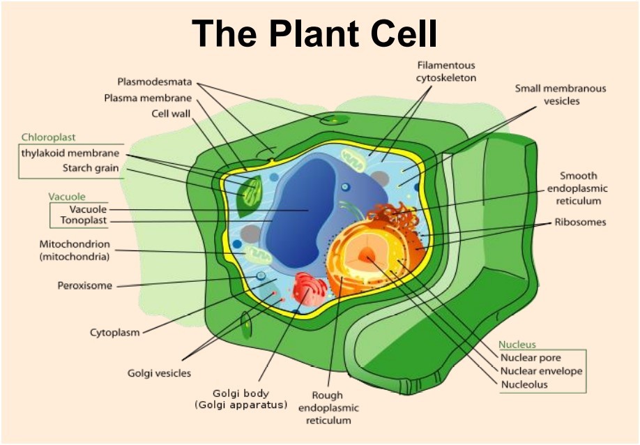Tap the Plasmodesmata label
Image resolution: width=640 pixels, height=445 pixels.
click(x=155, y=82)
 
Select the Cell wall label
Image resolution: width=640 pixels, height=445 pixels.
click(x=171, y=114)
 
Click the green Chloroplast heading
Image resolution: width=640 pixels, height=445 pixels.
click(x=49, y=137)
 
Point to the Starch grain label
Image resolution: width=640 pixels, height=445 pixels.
click(x=91, y=168)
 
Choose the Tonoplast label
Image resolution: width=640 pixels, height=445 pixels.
click(x=84, y=220)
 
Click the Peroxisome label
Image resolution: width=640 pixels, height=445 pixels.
click(x=84, y=286)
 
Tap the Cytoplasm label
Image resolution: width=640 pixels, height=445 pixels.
click(x=115, y=332)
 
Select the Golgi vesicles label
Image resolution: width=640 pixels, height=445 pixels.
click(x=159, y=373)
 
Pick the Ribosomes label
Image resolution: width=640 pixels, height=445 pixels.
click(x=581, y=222)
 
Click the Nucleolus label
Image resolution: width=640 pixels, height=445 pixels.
click(x=524, y=384)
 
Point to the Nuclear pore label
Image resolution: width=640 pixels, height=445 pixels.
click(x=531, y=358)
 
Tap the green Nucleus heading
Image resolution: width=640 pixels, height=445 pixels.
click(x=517, y=345)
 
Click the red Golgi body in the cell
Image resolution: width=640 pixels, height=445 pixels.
click(x=310, y=289)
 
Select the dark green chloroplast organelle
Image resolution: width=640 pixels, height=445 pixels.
click(x=250, y=196)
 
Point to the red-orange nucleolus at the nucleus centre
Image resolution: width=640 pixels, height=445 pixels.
click(x=366, y=255)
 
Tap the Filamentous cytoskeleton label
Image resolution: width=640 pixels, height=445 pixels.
click(x=446, y=71)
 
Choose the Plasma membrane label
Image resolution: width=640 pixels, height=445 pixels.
click(x=148, y=98)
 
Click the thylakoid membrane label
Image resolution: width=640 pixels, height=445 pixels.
click(x=70, y=153)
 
